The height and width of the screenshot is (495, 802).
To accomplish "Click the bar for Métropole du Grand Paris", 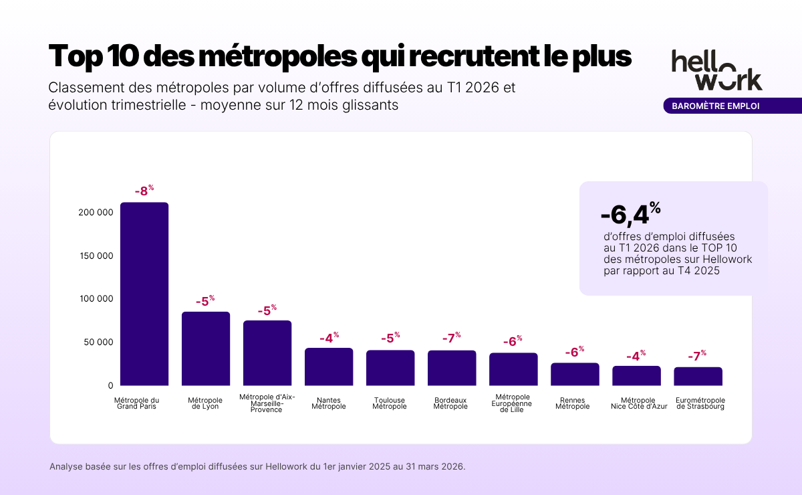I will tap(144, 294).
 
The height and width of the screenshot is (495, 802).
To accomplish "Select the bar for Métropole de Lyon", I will tap(206, 349).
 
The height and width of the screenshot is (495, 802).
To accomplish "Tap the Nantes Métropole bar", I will tap(329, 367).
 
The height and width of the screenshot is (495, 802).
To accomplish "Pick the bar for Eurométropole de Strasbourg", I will tap(698, 377).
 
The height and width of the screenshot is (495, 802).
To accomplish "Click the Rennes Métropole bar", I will tap(575, 375).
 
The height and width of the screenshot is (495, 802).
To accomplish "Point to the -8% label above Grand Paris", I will tap(144, 191).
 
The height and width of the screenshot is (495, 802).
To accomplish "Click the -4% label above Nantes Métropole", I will tap(329, 338).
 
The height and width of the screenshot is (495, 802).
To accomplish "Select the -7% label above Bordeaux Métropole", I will tap(452, 338).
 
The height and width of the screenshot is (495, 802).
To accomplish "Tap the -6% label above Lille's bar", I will tap(513, 340).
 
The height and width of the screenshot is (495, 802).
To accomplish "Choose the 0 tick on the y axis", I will tap(110, 386).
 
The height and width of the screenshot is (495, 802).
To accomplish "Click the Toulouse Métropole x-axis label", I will tap(390, 403).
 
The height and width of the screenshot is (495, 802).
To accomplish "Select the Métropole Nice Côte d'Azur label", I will tap(636, 403).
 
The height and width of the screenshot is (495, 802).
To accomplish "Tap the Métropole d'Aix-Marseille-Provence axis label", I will tap(267, 403).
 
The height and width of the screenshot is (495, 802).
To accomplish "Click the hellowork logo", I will tap(716, 70).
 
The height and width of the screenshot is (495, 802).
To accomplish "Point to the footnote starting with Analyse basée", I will tap(257, 466).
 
